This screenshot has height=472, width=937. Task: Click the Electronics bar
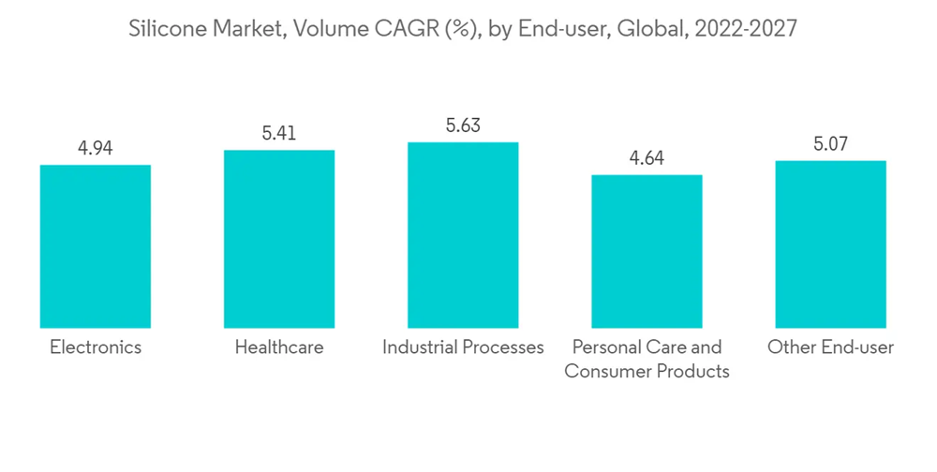[95, 245]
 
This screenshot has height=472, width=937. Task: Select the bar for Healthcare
[279, 238]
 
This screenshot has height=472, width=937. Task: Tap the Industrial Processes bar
[463, 234]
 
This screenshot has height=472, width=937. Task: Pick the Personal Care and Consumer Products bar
[647, 250]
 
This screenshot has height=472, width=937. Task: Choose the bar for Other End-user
[830, 243]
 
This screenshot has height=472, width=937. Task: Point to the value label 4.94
[95, 148]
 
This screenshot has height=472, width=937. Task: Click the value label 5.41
[279, 134]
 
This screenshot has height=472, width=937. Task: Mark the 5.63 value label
[463, 125]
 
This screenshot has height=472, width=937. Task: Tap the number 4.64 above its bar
[647, 158]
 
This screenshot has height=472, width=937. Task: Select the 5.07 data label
[830, 144]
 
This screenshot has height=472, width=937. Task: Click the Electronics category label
[95, 347]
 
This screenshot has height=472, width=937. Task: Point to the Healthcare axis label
[279, 347]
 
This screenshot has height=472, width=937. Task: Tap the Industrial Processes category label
[463, 347]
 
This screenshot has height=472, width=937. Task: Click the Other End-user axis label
[830, 347]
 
